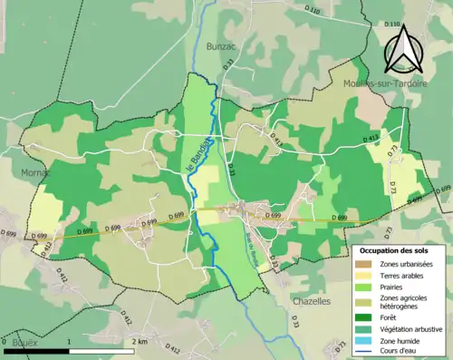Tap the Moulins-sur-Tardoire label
pyautogui.click(x=381, y=82)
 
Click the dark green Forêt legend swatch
pyautogui.click(x=365, y=317)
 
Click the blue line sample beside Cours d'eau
pyautogui.click(x=365, y=352)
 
